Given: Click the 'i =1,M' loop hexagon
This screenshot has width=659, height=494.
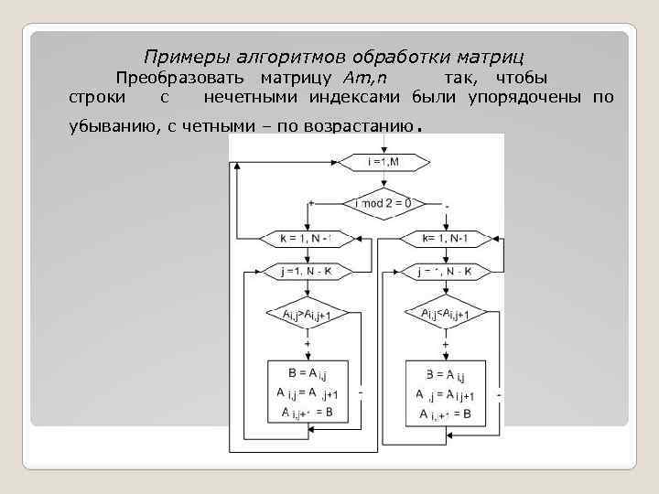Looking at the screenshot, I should [x=383, y=162].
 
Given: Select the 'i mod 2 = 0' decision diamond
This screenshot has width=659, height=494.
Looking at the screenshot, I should [x=383, y=202].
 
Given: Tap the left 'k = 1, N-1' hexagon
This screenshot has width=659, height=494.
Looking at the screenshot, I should [x=305, y=238].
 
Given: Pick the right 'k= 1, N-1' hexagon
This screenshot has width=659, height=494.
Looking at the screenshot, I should [x=444, y=238].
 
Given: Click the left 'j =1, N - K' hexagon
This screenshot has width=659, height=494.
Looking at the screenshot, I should [x=305, y=272].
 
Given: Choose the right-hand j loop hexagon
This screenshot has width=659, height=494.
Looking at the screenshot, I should [x=444, y=272].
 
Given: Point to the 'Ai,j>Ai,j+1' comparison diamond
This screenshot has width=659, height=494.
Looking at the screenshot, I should [x=305, y=314].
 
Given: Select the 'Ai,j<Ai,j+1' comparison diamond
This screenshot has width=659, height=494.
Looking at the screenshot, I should [x=445, y=314].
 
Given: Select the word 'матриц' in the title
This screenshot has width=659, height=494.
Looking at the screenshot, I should [x=492, y=57].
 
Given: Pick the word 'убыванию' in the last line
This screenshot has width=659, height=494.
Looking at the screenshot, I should [x=115, y=126].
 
